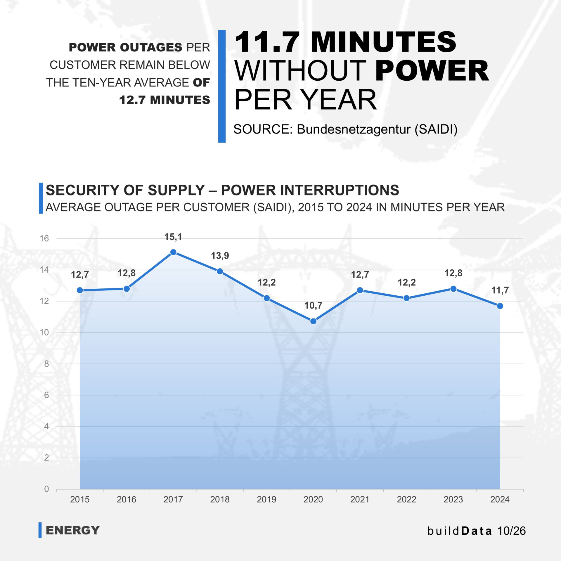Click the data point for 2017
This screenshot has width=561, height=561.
(x=173, y=252)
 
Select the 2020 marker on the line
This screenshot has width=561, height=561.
(x=313, y=321)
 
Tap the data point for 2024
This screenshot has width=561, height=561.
(x=500, y=306)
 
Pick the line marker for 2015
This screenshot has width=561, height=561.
(x=80, y=290)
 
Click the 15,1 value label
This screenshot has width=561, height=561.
(x=173, y=237)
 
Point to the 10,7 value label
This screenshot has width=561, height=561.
(x=313, y=306)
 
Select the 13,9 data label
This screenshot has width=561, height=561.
(x=220, y=256)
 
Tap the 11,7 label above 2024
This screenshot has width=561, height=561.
(x=500, y=290)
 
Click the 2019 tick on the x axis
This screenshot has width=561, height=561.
(x=266, y=499)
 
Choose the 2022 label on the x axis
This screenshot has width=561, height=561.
(x=406, y=499)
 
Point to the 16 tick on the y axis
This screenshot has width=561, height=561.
(x=44, y=238)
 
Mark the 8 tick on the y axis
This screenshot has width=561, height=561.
(x=46, y=364)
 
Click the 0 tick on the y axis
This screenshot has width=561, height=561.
(x=46, y=489)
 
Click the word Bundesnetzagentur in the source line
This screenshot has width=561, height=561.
(x=354, y=129)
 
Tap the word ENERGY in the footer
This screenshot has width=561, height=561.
(x=73, y=530)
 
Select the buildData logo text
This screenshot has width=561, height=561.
(x=460, y=531)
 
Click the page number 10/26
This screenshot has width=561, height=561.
(x=512, y=531)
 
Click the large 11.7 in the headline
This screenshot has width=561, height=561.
(x=267, y=42)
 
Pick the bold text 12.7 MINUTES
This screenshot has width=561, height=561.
(x=165, y=100)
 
